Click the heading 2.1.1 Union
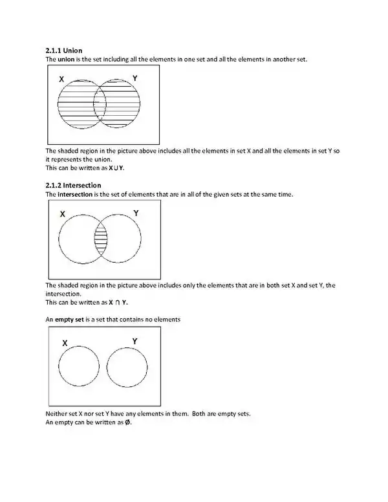[x=63, y=50]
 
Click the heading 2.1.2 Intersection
[x=73, y=185]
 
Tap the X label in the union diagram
[x=61, y=79]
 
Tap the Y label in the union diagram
[x=135, y=78]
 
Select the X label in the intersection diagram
[x=62, y=213]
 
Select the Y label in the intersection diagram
[x=136, y=213]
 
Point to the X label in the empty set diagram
[x=65, y=343]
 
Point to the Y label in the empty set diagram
[x=134, y=341]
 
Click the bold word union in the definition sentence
[x=66, y=60]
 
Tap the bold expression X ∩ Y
[x=118, y=302]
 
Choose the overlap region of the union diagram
[x=100, y=104]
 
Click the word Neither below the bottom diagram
[x=57, y=413]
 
